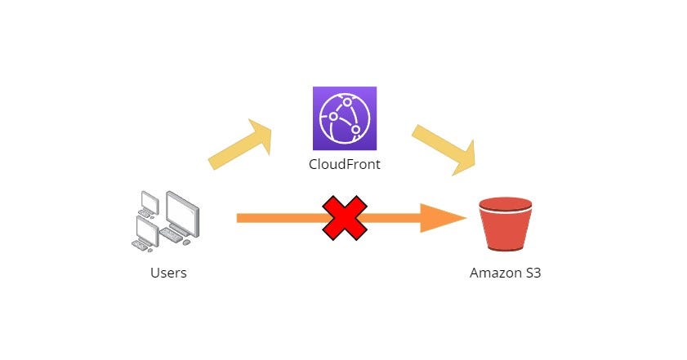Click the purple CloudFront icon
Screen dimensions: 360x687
(x=344, y=118)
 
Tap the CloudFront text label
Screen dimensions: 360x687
(x=344, y=164)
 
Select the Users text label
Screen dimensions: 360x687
(x=168, y=273)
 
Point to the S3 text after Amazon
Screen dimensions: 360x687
(x=532, y=273)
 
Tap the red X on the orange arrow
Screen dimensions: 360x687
(x=345, y=218)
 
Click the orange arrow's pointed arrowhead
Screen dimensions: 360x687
(x=445, y=218)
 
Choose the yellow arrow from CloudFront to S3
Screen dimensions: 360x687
(x=446, y=149)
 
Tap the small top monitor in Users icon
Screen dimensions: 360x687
(x=149, y=199)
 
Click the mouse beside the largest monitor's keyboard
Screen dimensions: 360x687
(x=187, y=242)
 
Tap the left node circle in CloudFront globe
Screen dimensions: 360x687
(x=333, y=117)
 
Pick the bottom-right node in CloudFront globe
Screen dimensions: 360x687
(x=356, y=129)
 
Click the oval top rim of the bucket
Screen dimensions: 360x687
(x=505, y=202)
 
